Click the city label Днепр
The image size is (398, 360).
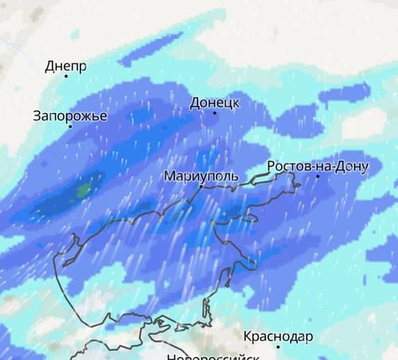tap(65, 67)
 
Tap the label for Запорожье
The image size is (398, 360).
tap(70, 115)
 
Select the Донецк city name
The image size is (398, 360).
tap(215, 103)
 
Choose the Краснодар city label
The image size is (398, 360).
tap(278, 336)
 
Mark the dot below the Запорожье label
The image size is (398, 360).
tap(70, 126)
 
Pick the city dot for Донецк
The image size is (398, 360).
tap(214, 113)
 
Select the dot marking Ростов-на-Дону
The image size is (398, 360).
tap(317, 176)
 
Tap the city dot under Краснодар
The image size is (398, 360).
tap(278, 346)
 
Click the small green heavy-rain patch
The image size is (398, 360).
tap(83, 190)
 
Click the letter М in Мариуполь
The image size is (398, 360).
tap(167, 175)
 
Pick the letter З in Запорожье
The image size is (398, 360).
tap(37, 115)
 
